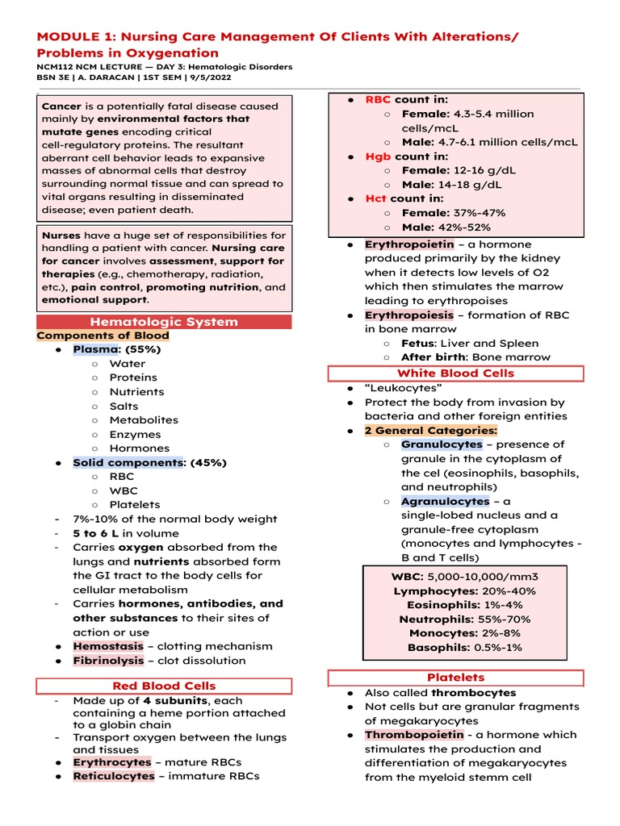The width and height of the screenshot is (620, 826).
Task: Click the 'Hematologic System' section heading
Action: (164, 322)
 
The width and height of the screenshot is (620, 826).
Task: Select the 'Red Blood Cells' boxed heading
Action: (163, 686)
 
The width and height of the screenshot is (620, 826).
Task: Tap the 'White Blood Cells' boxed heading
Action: (455, 373)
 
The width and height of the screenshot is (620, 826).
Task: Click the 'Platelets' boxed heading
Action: (455, 678)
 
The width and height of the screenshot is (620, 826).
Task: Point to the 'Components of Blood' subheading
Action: (103, 336)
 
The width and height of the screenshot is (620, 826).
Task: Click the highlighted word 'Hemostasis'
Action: (105, 646)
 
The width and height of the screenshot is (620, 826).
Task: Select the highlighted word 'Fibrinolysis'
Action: (108, 661)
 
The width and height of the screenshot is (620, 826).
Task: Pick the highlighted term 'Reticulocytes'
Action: (113, 776)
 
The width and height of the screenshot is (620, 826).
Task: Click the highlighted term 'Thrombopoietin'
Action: (414, 735)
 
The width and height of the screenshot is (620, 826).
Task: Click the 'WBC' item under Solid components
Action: (124, 490)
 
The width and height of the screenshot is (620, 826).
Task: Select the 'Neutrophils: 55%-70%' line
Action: (464, 619)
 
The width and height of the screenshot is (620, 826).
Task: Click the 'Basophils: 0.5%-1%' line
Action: (464, 648)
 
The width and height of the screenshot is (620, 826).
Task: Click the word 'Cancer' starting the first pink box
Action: (61, 106)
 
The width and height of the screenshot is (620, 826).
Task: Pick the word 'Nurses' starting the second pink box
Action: (61, 235)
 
